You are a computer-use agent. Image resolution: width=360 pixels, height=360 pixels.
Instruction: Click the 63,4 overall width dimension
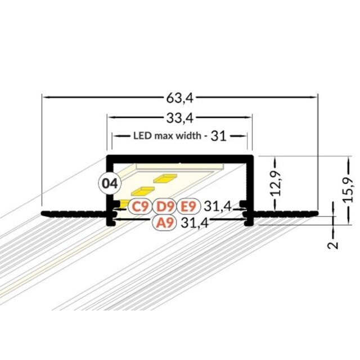point(179,98)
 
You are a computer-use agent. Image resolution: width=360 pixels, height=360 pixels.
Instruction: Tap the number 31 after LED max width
point(219,136)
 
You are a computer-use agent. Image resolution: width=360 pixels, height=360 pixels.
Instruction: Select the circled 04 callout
point(110,183)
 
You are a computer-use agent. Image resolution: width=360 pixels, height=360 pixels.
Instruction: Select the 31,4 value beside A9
point(194,223)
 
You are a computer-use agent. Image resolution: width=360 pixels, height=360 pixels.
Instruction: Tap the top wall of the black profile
point(180,156)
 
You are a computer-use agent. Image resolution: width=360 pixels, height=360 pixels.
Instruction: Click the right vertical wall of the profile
point(253,186)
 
